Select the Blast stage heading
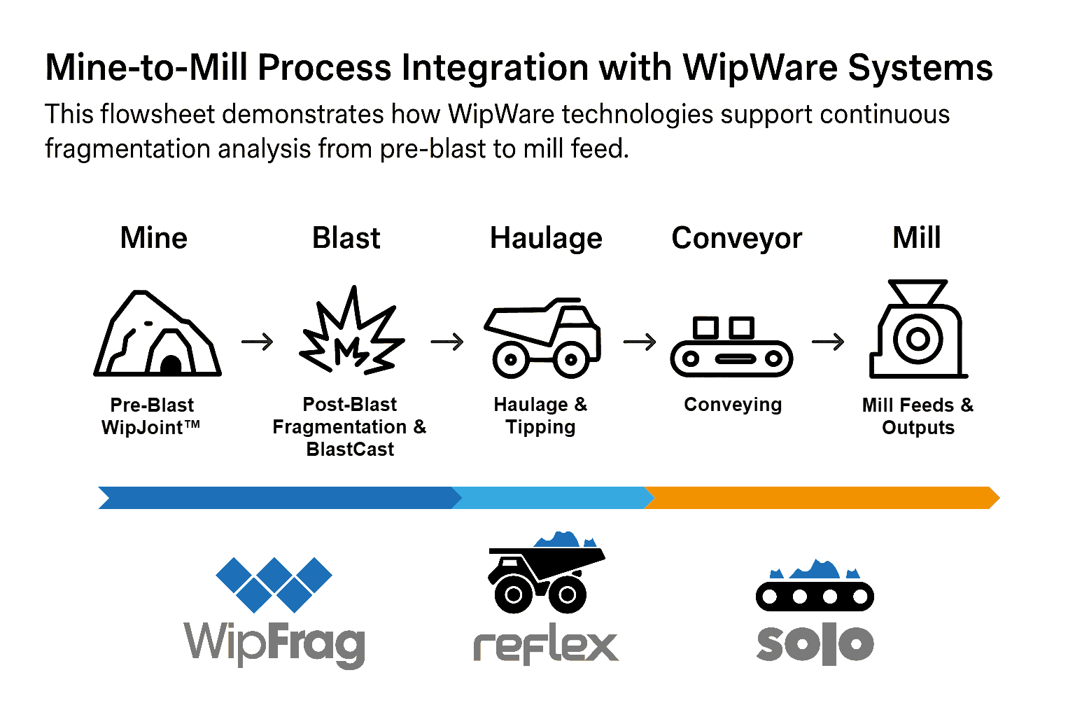[x=346, y=238]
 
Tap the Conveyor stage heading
[x=736, y=238]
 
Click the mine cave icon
[x=157, y=334]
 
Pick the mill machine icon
[x=918, y=330]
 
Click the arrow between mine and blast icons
[x=258, y=342]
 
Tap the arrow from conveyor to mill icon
[x=828, y=342]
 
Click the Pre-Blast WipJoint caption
[x=151, y=416]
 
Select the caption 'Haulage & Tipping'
[x=540, y=416]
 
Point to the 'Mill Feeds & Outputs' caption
[x=918, y=416]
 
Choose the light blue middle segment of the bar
[x=553, y=498]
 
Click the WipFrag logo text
[x=274, y=643]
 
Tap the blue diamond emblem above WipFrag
[x=274, y=583]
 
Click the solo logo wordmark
[x=815, y=643]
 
